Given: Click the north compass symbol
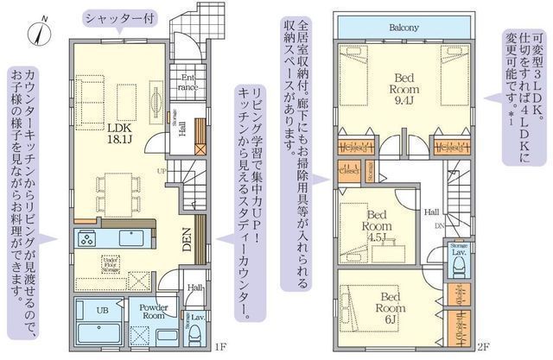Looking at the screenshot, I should (34, 32).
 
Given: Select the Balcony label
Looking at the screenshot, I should (403, 27).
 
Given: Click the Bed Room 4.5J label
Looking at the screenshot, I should (377, 222).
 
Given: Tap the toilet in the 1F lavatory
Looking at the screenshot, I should (196, 333).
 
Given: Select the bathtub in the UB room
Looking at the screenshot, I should (89, 333).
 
